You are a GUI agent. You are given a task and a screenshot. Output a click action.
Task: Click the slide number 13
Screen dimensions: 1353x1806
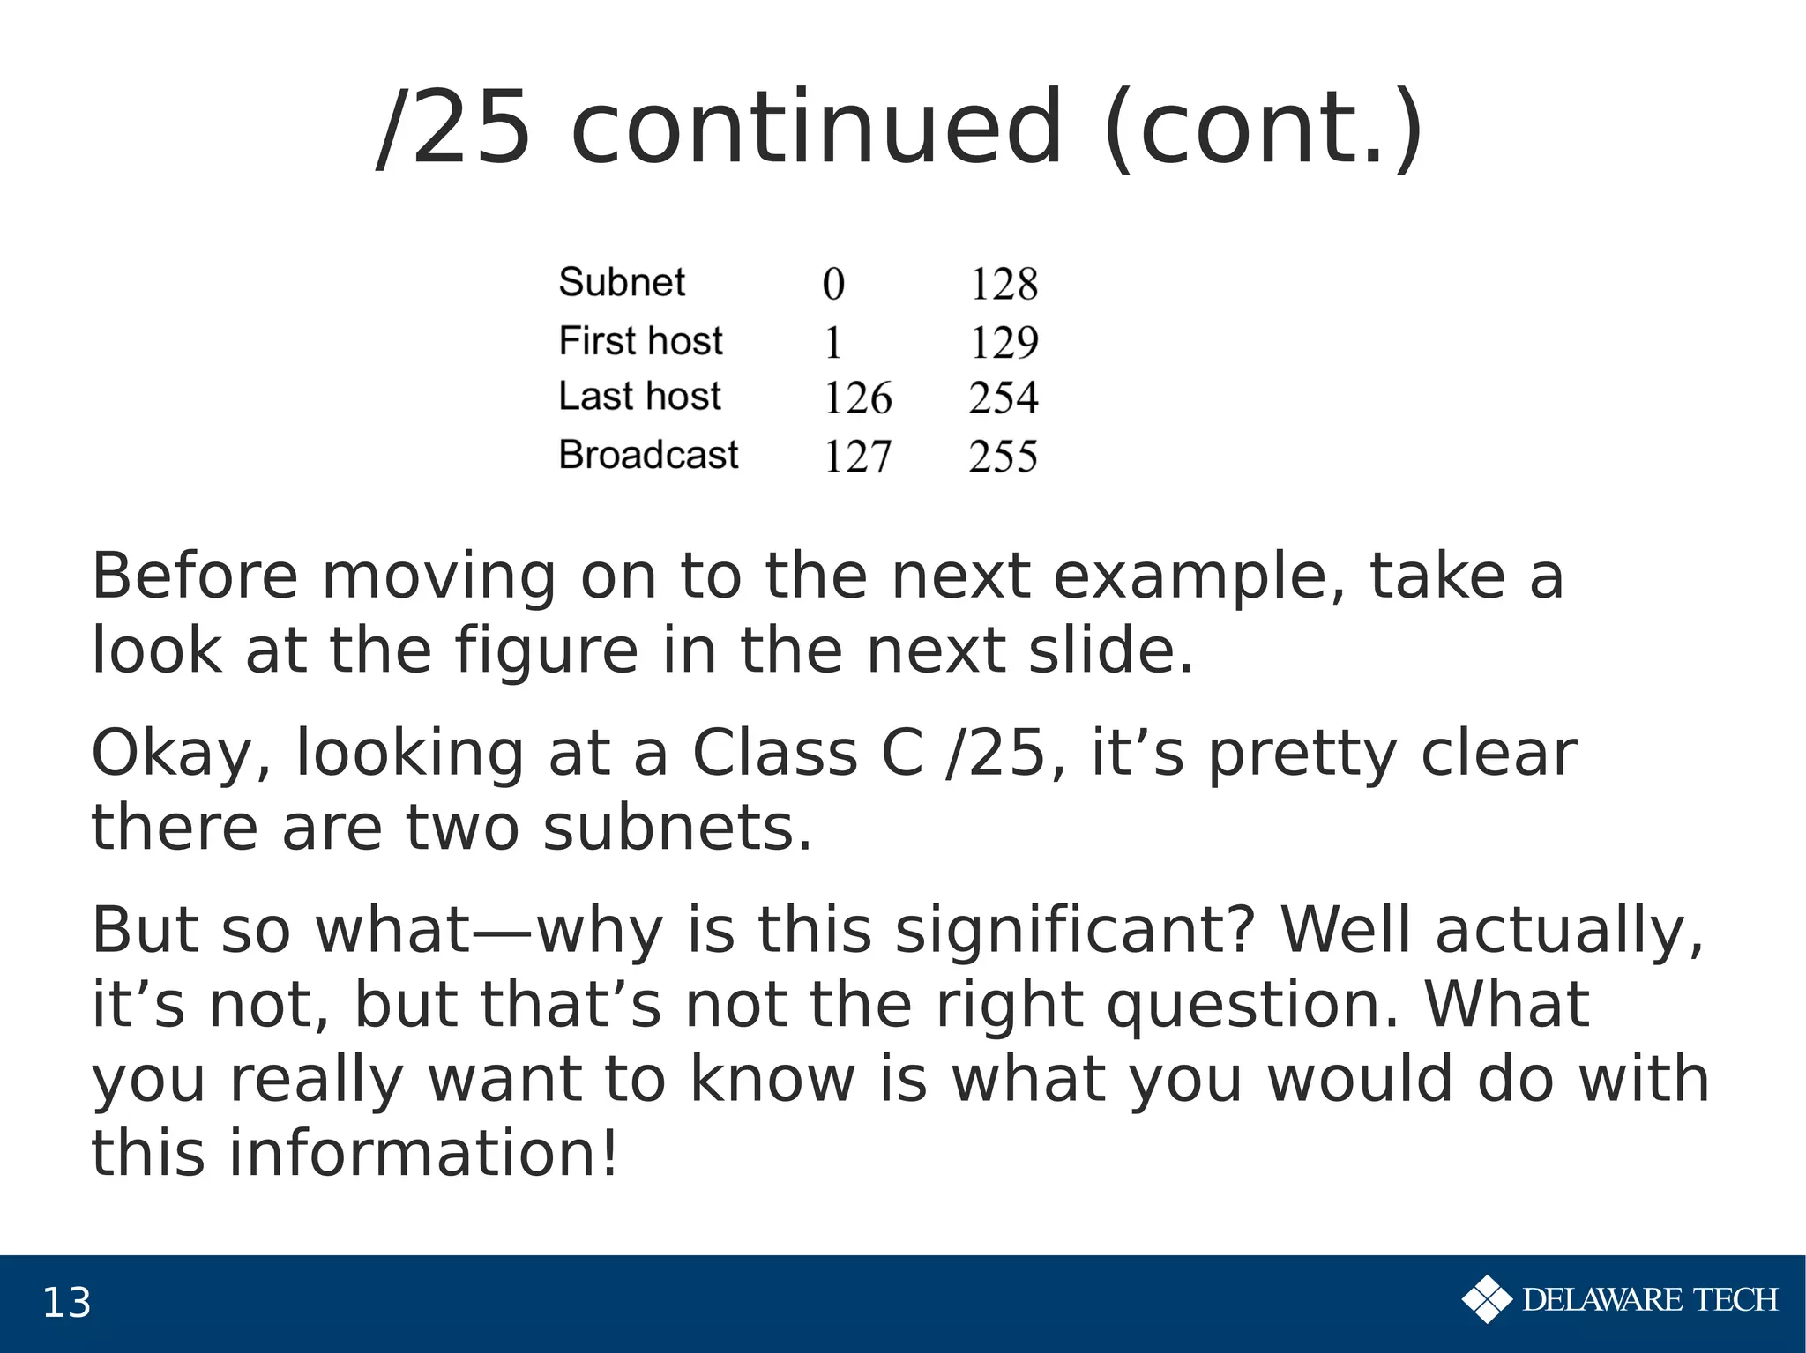pyautogui.click(x=66, y=1303)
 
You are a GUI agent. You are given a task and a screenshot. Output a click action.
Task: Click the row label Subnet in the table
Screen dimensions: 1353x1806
pyautogui.click(x=622, y=283)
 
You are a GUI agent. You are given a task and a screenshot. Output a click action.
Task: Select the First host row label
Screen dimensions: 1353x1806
pyautogui.click(x=640, y=341)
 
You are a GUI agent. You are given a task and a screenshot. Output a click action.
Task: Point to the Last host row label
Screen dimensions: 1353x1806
pyautogui.click(x=639, y=397)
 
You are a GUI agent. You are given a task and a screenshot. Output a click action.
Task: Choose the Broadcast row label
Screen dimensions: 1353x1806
pyautogui.click(x=648, y=456)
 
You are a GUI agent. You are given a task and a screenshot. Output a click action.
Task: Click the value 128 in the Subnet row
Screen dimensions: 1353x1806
pyautogui.click(x=1004, y=285)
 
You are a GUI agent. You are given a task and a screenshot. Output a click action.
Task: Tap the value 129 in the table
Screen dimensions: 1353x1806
pyautogui.click(x=1004, y=342)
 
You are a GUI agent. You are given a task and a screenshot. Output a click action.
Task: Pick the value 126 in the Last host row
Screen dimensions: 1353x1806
pyautogui.click(x=858, y=398)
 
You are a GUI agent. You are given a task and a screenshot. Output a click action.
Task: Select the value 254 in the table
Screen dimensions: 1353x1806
pyautogui.click(x=1004, y=398)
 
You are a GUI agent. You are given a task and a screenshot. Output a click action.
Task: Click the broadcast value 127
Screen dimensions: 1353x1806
pyautogui.click(x=858, y=457)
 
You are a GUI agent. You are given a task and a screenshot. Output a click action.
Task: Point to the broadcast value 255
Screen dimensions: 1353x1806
pyautogui.click(x=1004, y=457)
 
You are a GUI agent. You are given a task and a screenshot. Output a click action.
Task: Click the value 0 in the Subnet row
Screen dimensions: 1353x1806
pyautogui.click(x=833, y=285)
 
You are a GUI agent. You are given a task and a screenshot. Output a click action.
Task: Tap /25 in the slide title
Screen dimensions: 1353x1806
pyautogui.click(x=454, y=129)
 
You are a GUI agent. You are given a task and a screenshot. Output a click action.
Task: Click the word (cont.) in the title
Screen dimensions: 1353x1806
pyautogui.click(x=1263, y=129)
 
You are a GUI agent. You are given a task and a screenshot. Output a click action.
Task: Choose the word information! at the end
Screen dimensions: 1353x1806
pyautogui.click(x=423, y=1154)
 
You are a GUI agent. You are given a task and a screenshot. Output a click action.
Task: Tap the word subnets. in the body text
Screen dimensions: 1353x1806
pyautogui.click(x=677, y=829)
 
